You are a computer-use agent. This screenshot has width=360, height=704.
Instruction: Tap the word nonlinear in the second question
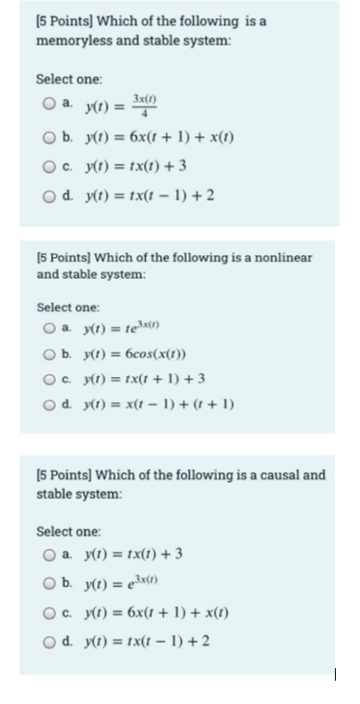(x=279, y=258)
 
